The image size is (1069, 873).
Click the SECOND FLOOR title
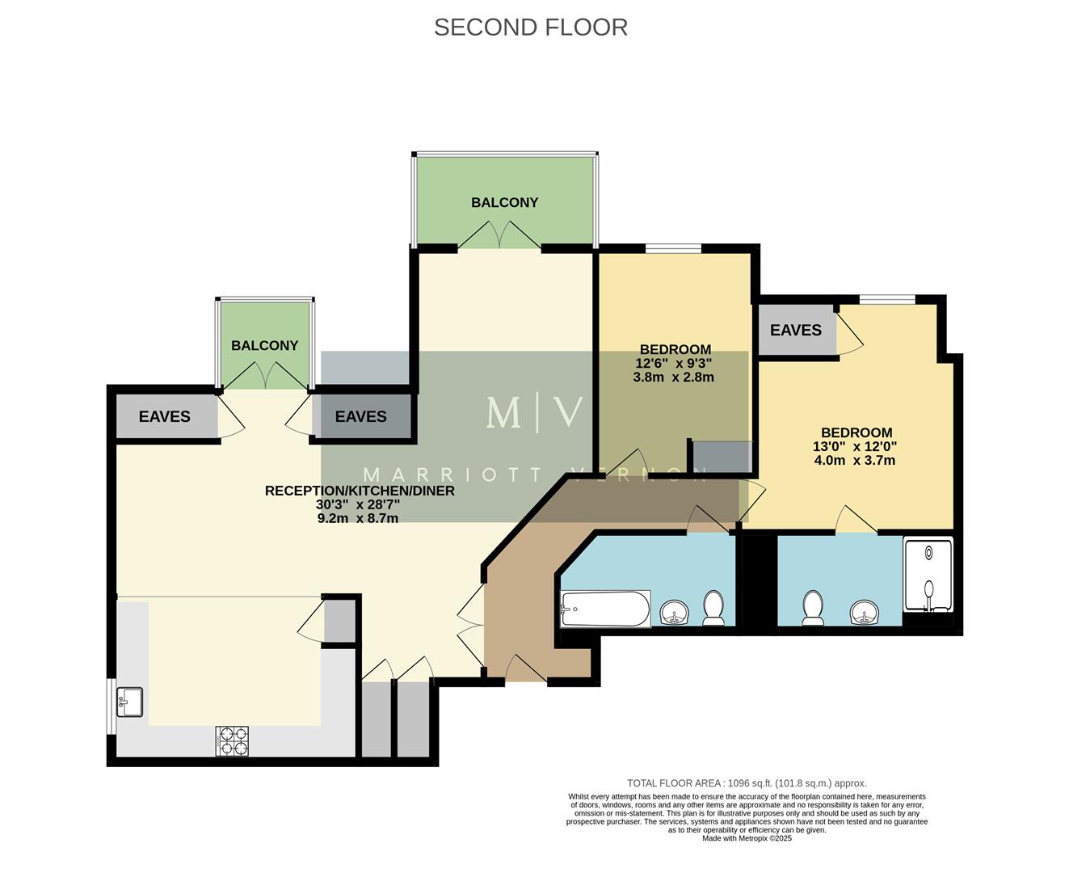pyautogui.click(x=530, y=27)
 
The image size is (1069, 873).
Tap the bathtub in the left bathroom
pyautogui.click(x=605, y=609)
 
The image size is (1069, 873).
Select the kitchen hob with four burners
pyautogui.click(x=233, y=741)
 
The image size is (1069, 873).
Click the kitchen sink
pyautogui.click(x=130, y=702)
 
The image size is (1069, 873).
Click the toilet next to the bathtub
pyautogui.click(x=713, y=609)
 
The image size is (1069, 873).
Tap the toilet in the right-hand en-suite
pyautogui.click(x=812, y=609)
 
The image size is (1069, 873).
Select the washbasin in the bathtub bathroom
pyautogui.click(x=674, y=614)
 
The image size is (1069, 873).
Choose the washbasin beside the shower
pyautogui.click(x=865, y=614)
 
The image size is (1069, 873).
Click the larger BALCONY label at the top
pyautogui.click(x=504, y=203)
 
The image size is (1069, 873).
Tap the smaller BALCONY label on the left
pyautogui.click(x=264, y=346)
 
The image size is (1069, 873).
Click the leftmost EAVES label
pyautogui.click(x=164, y=417)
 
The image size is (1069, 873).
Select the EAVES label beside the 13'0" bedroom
pyautogui.click(x=795, y=331)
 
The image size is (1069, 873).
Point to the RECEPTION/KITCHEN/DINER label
pyautogui.click(x=360, y=491)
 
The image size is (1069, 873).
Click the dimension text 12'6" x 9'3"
pyautogui.click(x=673, y=364)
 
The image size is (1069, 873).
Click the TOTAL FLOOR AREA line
pyautogui.click(x=747, y=783)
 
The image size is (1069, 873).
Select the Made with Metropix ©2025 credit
pyautogui.click(x=747, y=838)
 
